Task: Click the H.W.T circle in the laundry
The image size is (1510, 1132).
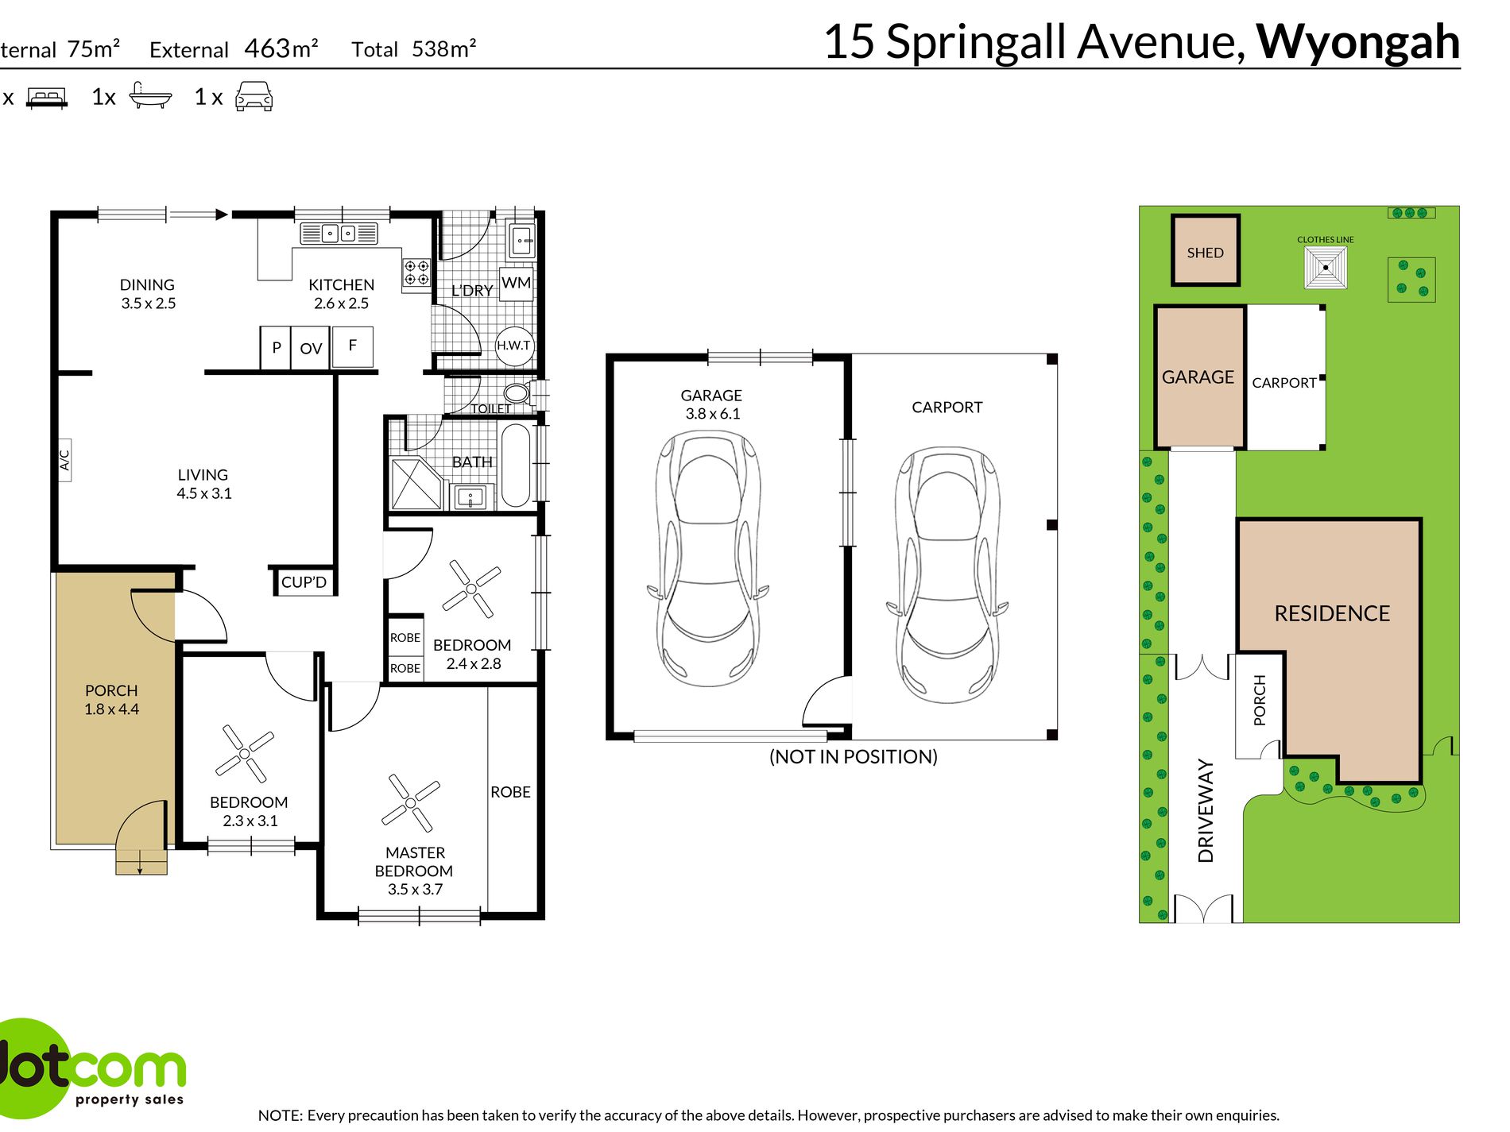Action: (x=514, y=346)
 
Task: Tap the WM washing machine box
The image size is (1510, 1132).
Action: (x=516, y=284)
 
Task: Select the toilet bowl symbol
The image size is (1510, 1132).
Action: (x=517, y=392)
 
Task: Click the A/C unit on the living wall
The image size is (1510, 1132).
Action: (x=64, y=459)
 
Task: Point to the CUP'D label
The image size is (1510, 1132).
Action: (x=304, y=582)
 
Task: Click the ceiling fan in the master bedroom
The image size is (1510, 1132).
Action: (x=410, y=803)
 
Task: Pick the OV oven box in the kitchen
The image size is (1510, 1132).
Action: (x=311, y=348)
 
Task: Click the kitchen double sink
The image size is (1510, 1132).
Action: (x=339, y=234)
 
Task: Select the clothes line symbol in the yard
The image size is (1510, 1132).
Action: (x=1326, y=268)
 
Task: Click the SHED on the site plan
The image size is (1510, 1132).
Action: (x=1206, y=250)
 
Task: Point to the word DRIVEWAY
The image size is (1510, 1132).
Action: (x=1206, y=810)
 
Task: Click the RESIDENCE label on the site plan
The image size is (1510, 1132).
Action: (x=1332, y=613)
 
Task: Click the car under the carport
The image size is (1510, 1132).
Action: (x=947, y=575)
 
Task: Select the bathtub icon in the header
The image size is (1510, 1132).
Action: (x=150, y=95)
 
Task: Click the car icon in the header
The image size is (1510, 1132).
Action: (x=254, y=96)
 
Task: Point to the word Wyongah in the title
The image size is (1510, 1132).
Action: (x=1357, y=41)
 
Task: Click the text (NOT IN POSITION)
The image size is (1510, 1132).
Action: (x=854, y=756)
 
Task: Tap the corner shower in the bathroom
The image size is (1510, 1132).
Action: (x=415, y=482)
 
